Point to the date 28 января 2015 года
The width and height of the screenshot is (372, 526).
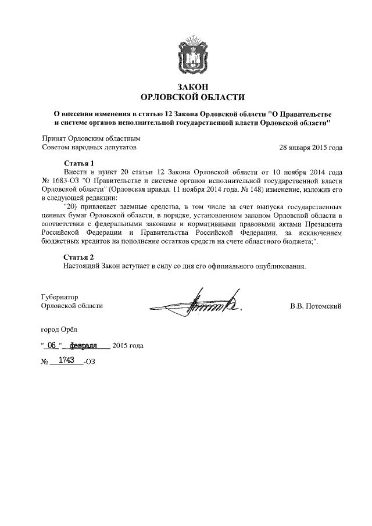(x=310, y=148)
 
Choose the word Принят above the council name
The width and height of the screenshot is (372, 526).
(x=54, y=138)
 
